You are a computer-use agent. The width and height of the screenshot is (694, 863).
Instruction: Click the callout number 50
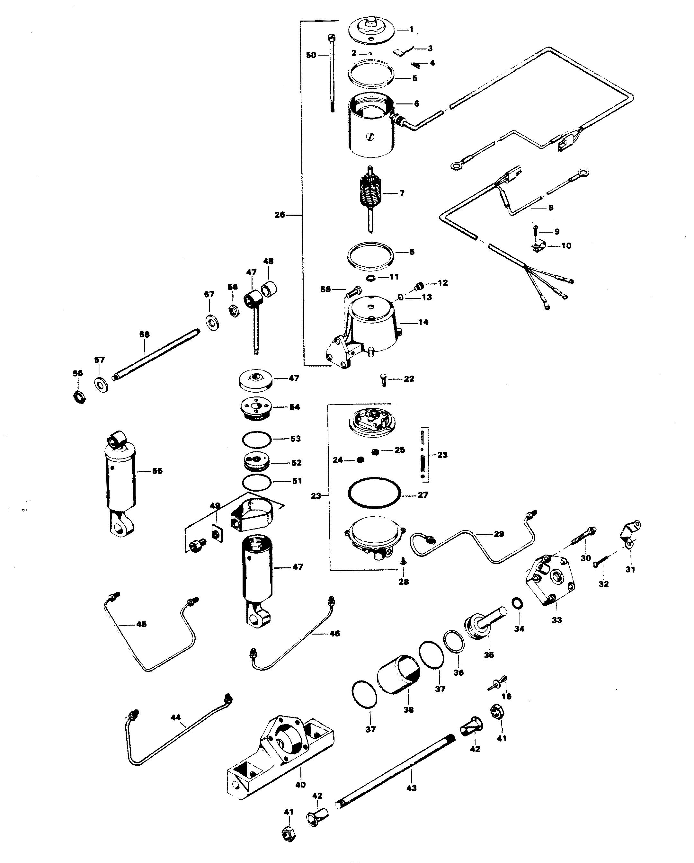tap(311, 55)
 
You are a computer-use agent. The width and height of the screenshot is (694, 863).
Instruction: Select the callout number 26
tap(280, 215)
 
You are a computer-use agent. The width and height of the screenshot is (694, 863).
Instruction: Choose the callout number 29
tap(499, 534)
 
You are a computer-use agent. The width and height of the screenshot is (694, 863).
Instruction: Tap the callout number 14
tap(423, 322)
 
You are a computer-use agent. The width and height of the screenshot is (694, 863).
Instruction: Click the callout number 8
tap(551, 208)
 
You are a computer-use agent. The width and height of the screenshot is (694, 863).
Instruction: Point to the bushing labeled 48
tap(269, 288)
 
